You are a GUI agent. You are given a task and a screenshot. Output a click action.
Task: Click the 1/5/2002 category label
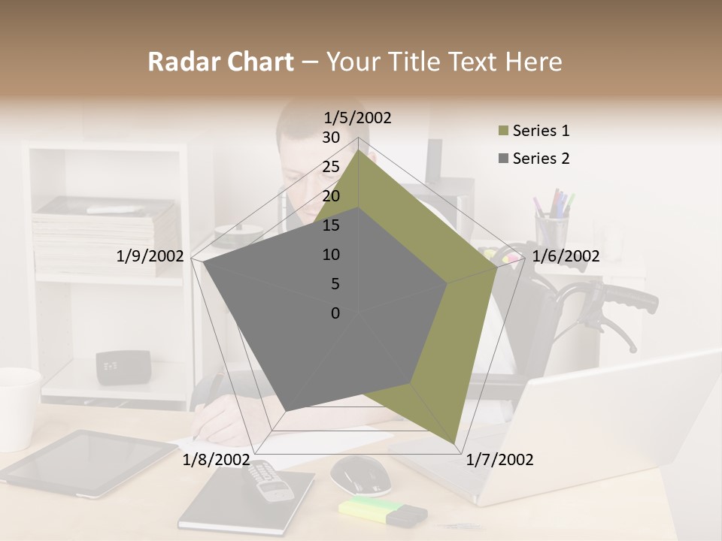tap(358, 117)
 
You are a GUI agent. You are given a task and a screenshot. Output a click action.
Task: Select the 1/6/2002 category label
tap(566, 256)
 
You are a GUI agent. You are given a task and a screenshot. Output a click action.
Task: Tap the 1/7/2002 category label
tap(499, 460)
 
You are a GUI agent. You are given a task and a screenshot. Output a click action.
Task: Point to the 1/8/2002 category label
tap(216, 460)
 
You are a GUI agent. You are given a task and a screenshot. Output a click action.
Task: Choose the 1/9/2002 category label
tap(150, 256)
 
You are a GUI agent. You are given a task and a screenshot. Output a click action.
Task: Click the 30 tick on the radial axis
tap(331, 138)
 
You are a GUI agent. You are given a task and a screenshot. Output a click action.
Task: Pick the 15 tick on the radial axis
tap(331, 225)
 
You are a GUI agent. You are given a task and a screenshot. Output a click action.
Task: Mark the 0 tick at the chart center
tap(335, 313)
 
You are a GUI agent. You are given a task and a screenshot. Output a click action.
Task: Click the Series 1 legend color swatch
tap(503, 131)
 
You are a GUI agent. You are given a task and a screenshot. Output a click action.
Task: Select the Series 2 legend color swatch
tap(503, 159)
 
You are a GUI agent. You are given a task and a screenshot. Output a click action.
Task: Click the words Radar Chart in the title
tap(220, 62)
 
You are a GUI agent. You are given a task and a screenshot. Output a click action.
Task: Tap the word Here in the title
tap(533, 62)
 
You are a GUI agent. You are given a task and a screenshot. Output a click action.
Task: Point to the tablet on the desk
tap(90, 461)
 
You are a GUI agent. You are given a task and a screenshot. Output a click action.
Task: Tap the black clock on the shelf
tap(123, 367)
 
